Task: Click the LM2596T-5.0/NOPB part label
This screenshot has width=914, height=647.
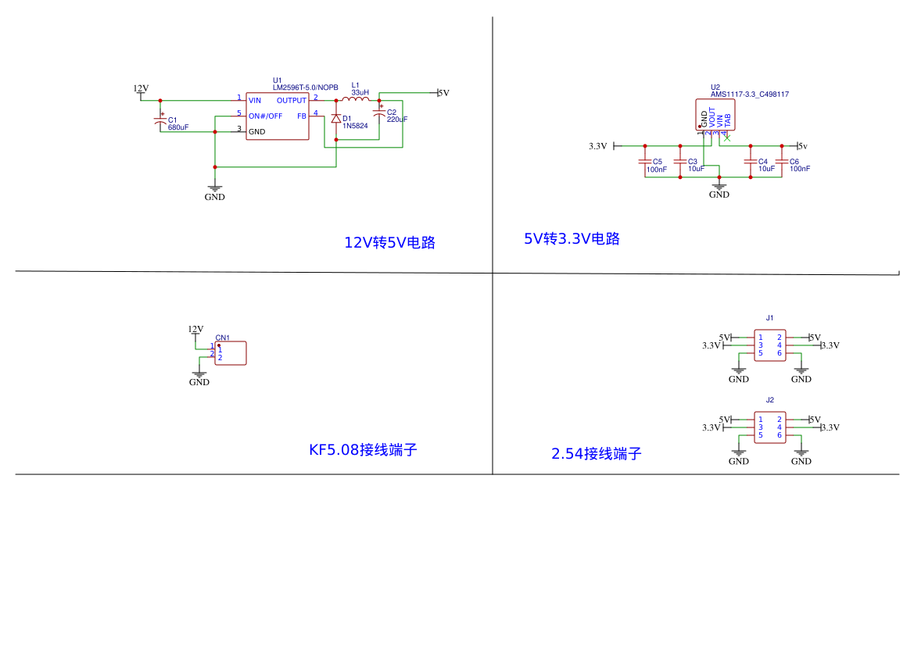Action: (305, 88)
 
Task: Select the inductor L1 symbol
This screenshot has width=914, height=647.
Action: (357, 99)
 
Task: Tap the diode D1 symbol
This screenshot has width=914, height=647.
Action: (336, 119)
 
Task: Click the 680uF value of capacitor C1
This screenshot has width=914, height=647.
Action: (178, 127)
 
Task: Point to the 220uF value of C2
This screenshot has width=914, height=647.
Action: (397, 120)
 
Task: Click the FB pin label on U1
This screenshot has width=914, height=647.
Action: (302, 116)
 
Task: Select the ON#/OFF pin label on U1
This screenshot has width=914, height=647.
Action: (265, 116)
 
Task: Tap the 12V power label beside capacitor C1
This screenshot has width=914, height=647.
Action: (141, 88)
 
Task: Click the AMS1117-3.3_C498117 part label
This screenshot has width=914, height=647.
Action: (749, 95)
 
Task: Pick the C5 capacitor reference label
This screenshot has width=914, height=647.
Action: (657, 162)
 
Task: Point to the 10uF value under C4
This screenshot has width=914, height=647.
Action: (766, 169)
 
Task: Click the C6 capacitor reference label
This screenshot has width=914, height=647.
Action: (794, 162)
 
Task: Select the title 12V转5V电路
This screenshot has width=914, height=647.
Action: (389, 243)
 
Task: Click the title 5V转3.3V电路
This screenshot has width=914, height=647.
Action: (572, 239)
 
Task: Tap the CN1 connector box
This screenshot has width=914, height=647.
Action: (231, 353)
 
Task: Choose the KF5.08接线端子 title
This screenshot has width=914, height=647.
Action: (363, 450)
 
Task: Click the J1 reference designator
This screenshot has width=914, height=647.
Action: (770, 318)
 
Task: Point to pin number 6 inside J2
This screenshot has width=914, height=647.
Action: (780, 435)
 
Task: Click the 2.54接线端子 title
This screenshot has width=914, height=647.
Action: (596, 454)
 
